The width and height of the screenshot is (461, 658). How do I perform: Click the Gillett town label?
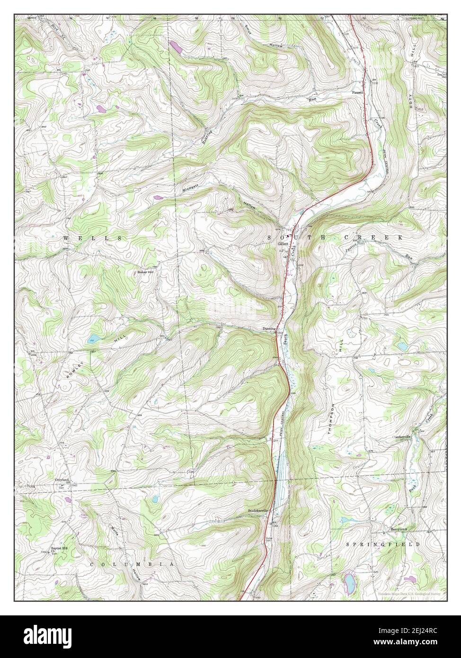pos(283,244)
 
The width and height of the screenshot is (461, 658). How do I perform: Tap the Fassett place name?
pos(357,92)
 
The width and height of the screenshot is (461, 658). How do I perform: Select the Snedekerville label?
pos(258,511)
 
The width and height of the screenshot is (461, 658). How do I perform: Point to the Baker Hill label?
pos(145,272)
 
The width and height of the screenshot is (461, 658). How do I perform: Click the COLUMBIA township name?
pos(132,564)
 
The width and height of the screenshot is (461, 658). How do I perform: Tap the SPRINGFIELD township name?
pos(383,545)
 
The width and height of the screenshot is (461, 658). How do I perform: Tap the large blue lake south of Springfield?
pos(349,580)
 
